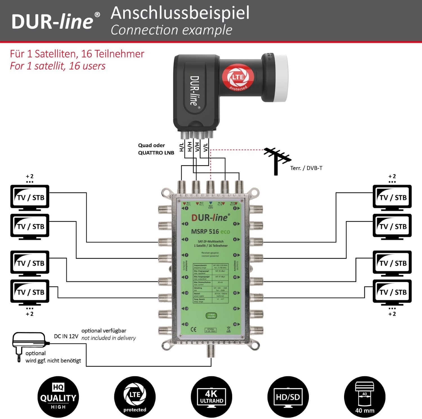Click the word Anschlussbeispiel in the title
180,13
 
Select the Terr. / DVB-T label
306,168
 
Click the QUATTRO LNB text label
156,153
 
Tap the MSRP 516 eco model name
210,232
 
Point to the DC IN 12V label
66,336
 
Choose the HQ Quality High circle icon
58,397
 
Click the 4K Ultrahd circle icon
211,397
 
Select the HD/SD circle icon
288,397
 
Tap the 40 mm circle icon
365,397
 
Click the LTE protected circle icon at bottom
135,397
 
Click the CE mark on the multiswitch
194,329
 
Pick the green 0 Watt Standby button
211,316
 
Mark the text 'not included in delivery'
109,338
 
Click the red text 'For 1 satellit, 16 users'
58,66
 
